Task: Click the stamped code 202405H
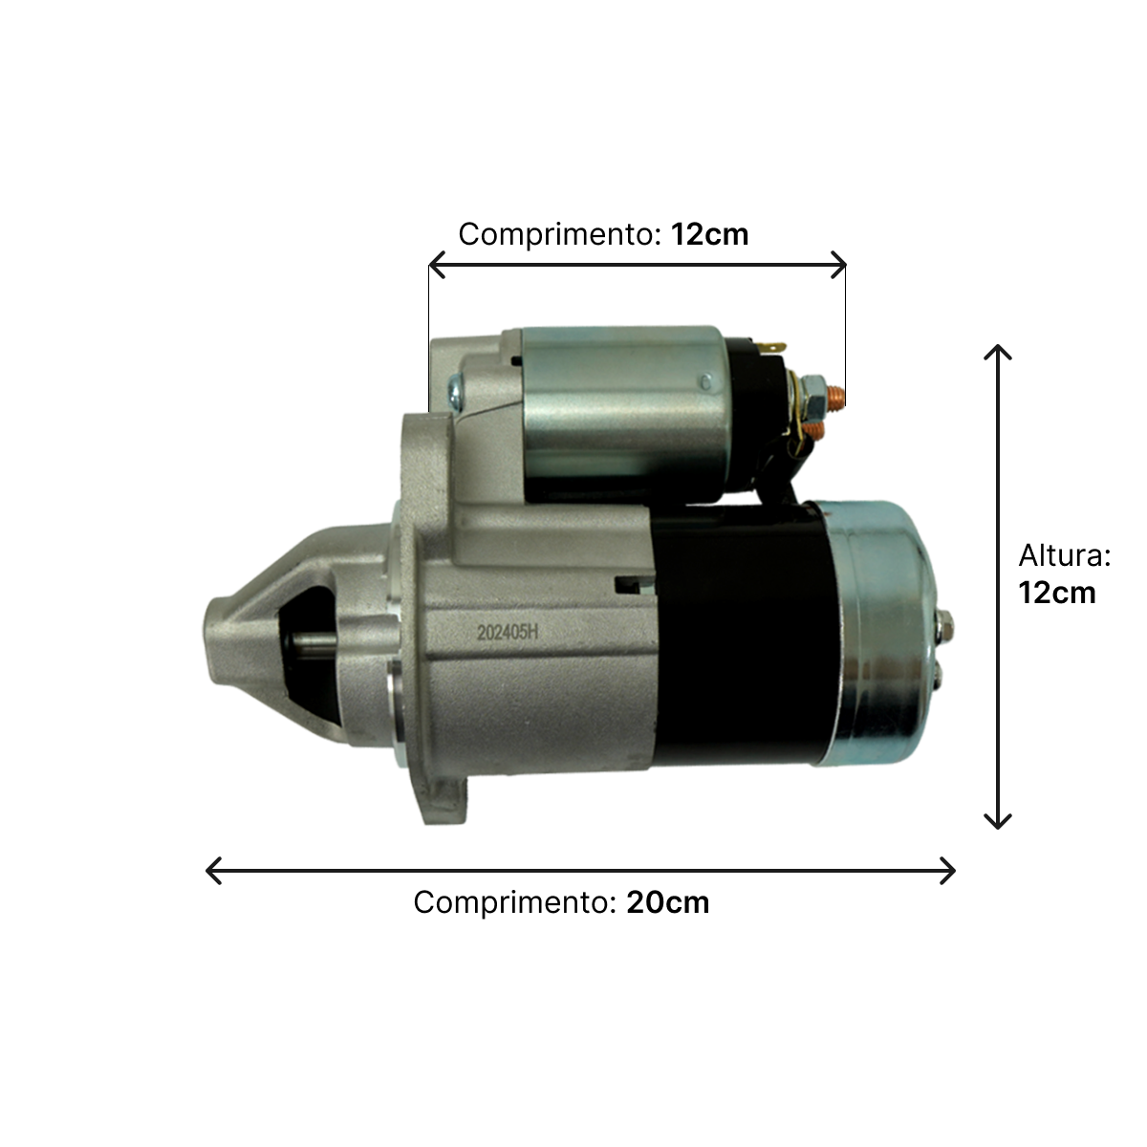click(x=508, y=632)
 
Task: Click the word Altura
click(x=1064, y=555)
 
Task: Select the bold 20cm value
click(x=668, y=902)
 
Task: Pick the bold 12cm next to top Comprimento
click(x=709, y=234)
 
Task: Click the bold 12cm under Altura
click(x=1056, y=593)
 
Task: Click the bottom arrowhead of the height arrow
click(x=998, y=821)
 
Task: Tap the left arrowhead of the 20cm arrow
click(x=214, y=871)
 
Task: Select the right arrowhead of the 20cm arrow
click(x=947, y=871)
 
